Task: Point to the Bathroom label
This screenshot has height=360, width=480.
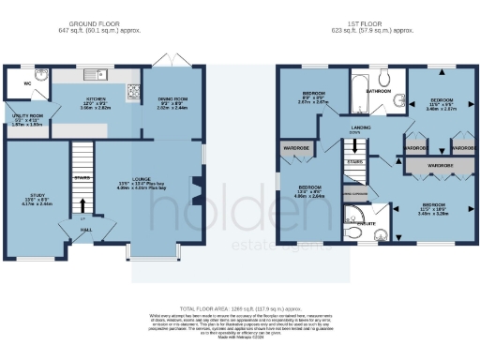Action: tap(379, 91)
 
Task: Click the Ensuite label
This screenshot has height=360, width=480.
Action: tap(367, 224)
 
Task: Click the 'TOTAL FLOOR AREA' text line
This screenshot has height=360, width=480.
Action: tap(239, 307)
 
